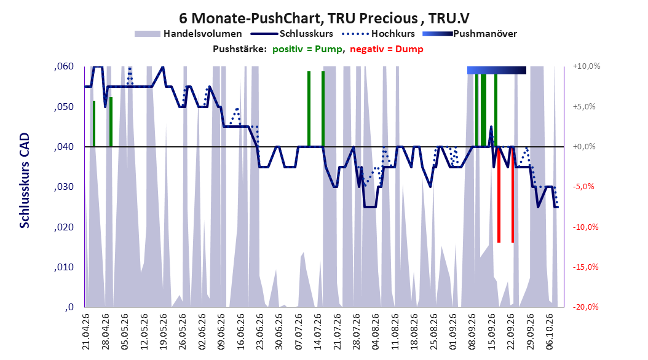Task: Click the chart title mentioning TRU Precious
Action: (324, 18)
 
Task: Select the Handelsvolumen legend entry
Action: (188, 34)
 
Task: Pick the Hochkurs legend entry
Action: (378, 34)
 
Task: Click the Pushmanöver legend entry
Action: (470, 34)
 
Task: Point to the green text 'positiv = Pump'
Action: (307, 49)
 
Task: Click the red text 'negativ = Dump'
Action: (387, 49)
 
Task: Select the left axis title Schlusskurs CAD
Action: (25, 181)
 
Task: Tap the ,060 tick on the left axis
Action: (64, 66)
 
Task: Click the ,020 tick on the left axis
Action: (64, 227)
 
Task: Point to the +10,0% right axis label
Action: (587, 66)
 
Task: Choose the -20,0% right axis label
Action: (585, 307)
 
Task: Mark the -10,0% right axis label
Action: (585, 227)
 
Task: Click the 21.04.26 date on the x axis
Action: (86, 332)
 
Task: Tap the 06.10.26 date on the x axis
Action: (550, 332)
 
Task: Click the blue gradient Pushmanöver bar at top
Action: (496, 70)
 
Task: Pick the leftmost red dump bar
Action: (499, 195)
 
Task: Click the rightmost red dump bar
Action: (513, 195)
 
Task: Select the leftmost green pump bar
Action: (94, 123)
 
